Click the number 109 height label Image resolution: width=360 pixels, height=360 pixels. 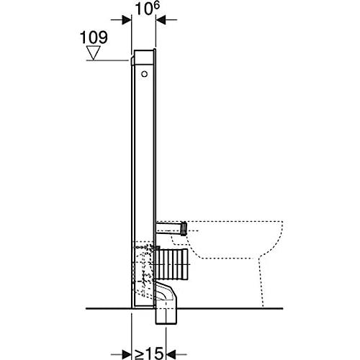click(94, 37)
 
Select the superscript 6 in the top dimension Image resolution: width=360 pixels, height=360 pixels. click(156, 6)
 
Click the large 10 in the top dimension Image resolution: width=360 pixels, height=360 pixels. click(144, 9)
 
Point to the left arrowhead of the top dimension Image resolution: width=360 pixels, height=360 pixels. click(127, 20)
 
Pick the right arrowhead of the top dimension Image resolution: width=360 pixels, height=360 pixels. click(161, 20)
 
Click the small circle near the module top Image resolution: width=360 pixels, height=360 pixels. click(144, 74)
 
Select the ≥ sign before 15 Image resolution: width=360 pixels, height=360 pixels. click(139, 354)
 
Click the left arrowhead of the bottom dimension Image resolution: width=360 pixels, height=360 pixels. click(127, 354)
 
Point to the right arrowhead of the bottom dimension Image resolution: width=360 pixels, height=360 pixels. click(171, 354)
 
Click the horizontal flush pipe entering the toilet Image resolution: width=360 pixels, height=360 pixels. click(168, 228)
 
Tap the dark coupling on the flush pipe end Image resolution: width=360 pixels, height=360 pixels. click(184, 228)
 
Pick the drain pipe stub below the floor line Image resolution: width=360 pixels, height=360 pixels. click(167, 316)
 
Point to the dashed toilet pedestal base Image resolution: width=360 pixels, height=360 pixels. click(261, 283)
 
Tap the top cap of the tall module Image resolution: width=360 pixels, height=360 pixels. click(143, 57)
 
